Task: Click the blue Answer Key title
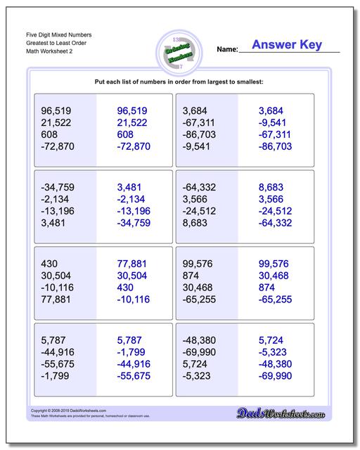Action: [288, 45]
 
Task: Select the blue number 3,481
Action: [131, 188]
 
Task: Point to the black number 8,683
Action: [198, 224]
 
